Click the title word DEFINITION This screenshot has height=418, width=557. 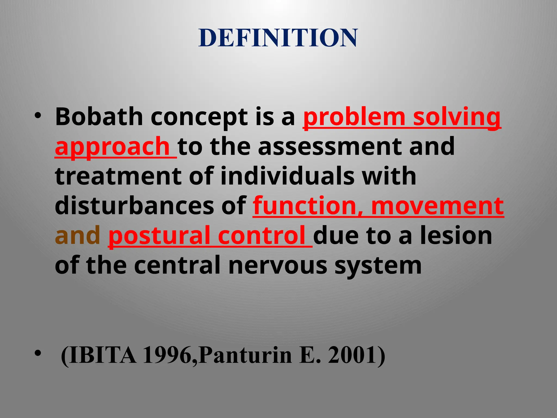(x=278, y=38)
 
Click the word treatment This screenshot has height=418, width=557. (x=118, y=176)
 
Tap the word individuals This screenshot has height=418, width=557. (x=287, y=176)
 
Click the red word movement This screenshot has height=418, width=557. (x=438, y=206)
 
